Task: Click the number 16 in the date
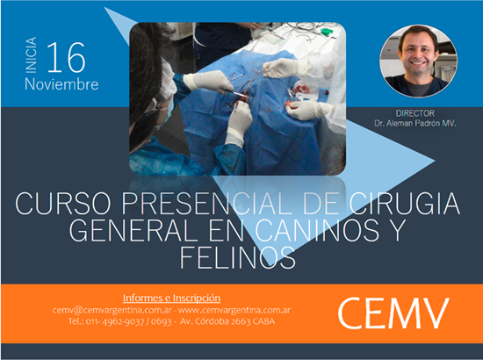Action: tap(66, 57)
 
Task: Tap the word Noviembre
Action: tap(61, 84)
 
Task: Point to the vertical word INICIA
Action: tap(31, 55)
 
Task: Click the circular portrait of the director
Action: tap(418, 61)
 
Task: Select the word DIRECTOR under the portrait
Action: tap(415, 113)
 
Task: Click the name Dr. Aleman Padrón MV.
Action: tap(415, 124)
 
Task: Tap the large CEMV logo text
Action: tap(393, 313)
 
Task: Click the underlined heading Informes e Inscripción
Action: tap(171, 299)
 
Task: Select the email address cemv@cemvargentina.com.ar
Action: tap(112, 310)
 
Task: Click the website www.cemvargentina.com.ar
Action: tap(234, 310)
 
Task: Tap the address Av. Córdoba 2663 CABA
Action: tap(227, 321)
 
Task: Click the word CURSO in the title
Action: tap(63, 203)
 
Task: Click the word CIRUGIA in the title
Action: tap(405, 203)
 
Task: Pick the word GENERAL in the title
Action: tap(133, 230)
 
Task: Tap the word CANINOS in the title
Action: tap(317, 230)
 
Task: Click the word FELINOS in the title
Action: tap(237, 257)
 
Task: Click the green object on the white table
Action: tap(326, 31)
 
